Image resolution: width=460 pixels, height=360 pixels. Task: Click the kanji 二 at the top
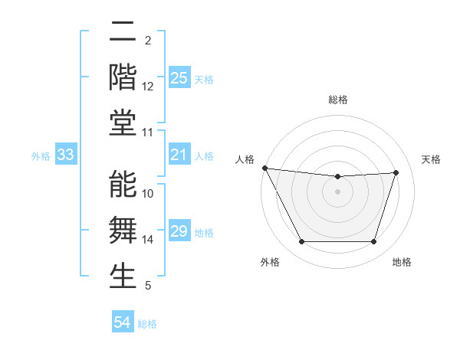click(123, 32)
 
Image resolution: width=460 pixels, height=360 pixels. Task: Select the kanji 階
click(123, 77)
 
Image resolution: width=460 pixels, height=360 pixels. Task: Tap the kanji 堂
click(123, 123)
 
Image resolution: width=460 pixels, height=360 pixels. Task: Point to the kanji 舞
click(123, 231)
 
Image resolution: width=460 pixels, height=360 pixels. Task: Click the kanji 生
click(123, 277)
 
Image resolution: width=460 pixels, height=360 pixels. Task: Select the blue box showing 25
click(179, 78)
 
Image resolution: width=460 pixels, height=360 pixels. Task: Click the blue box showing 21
click(179, 155)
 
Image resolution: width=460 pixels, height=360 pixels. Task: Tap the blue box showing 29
click(179, 232)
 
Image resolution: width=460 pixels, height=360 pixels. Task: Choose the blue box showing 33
click(66, 155)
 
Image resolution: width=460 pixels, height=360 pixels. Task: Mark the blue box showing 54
click(123, 323)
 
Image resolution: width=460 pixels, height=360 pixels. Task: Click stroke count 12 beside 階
click(148, 87)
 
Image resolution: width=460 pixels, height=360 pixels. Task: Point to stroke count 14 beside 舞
click(148, 240)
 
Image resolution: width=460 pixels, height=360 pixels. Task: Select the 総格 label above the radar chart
click(338, 100)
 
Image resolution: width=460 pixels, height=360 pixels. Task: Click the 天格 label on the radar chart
click(432, 159)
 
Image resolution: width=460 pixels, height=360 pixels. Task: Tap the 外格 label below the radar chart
click(270, 262)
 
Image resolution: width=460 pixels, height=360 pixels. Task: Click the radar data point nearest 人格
click(265, 168)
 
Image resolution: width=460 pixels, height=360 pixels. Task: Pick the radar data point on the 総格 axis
click(338, 176)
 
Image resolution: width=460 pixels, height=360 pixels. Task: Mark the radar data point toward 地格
click(374, 242)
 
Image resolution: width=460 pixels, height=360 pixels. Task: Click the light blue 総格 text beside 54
click(147, 324)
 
